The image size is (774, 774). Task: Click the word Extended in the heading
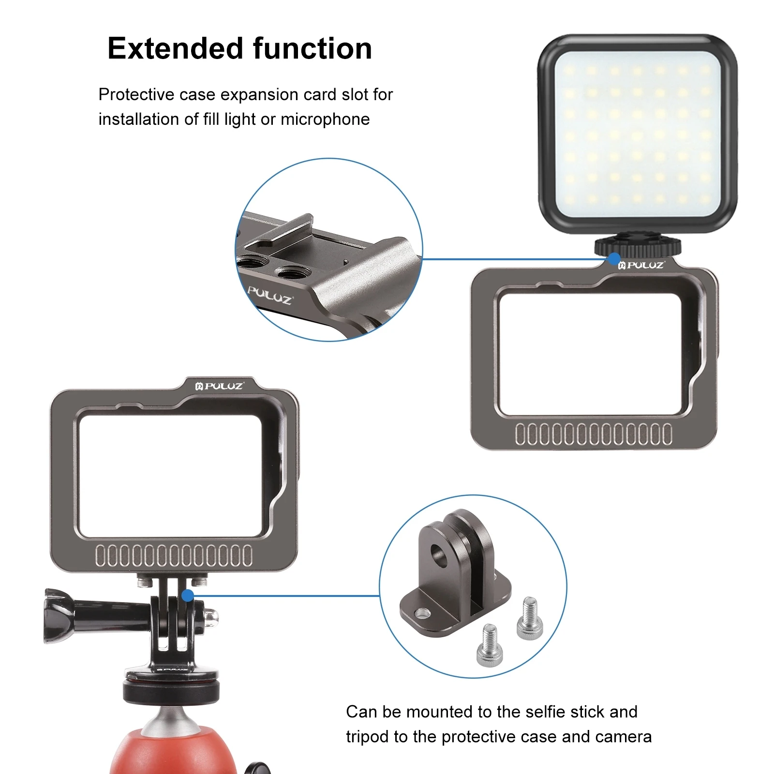(x=176, y=49)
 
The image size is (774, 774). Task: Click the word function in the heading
(x=313, y=49)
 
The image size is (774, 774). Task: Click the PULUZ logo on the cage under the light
(x=641, y=265)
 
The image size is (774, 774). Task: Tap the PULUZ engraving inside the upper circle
(x=269, y=295)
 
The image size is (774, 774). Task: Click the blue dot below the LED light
(x=614, y=259)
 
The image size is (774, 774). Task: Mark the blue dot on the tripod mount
(x=188, y=595)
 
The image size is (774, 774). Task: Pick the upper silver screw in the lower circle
(x=530, y=618)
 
